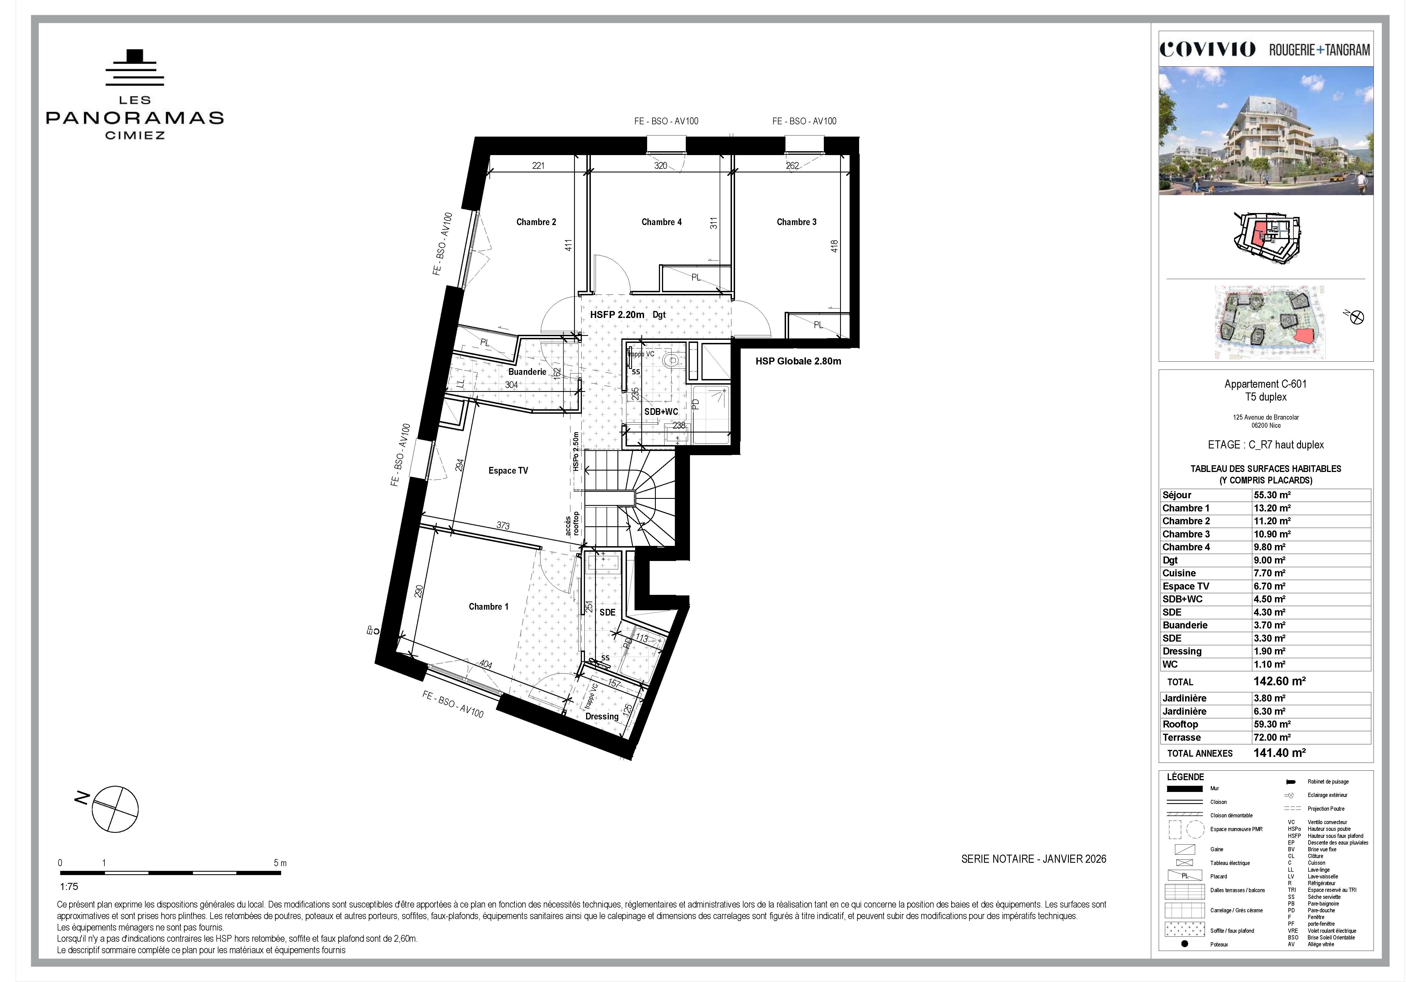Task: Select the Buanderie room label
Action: [x=527, y=372]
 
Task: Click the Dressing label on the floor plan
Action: [x=601, y=716]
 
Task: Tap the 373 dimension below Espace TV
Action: [x=503, y=525]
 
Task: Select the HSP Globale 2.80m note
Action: [x=798, y=361]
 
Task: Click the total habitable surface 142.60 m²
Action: [x=1279, y=681]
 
